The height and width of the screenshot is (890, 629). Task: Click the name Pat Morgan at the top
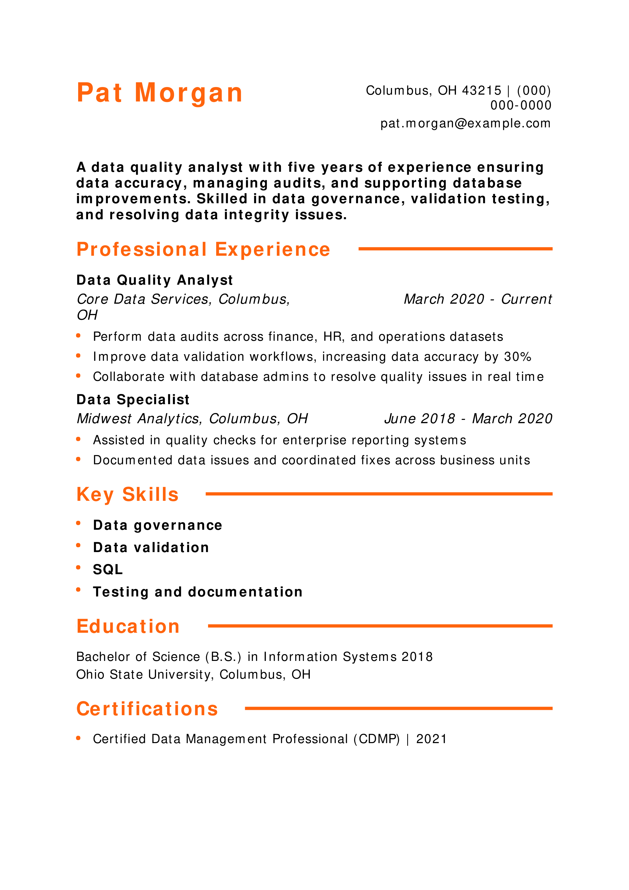point(159,93)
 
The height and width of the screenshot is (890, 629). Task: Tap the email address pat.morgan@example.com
point(465,123)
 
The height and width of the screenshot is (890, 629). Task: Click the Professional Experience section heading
point(203,249)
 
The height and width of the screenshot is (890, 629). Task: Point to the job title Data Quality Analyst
point(154,280)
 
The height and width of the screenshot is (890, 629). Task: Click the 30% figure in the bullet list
point(517,357)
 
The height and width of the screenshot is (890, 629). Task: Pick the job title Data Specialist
point(132,400)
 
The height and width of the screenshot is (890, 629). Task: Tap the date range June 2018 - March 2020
point(468,419)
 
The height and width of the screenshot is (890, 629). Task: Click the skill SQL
point(108,569)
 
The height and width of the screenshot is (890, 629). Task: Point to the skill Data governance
point(157,525)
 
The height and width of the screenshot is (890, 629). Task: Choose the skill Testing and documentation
point(198,592)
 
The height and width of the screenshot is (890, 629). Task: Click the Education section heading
point(128,626)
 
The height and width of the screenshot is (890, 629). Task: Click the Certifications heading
point(147,709)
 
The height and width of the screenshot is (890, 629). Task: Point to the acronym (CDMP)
point(376,739)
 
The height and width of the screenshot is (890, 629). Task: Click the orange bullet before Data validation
point(78,545)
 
